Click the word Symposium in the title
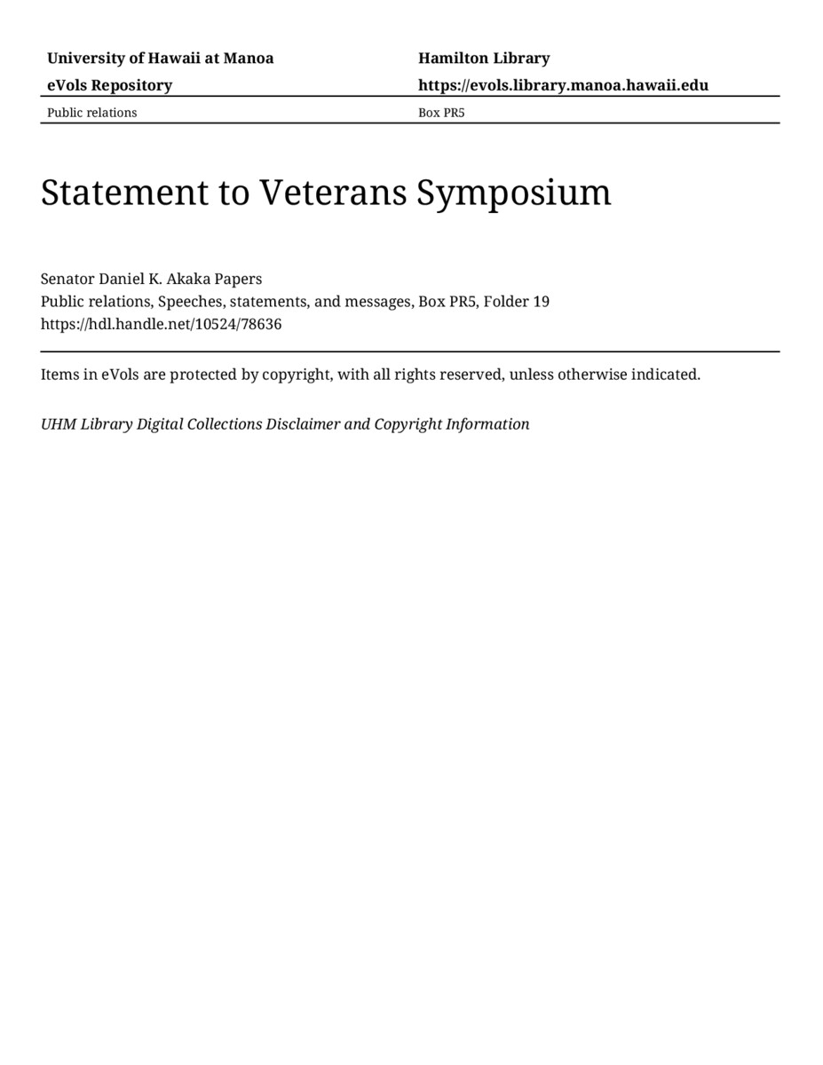click(514, 193)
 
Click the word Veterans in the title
click(334, 192)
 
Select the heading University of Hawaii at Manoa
click(160, 59)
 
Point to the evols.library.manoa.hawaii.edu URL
click(563, 85)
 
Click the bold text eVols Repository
click(109, 85)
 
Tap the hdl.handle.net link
click(161, 325)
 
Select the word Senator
click(67, 279)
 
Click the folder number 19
click(541, 302)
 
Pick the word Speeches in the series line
click(190, 302)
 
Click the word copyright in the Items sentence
click(297, 375)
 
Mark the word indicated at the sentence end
click(665, 375)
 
